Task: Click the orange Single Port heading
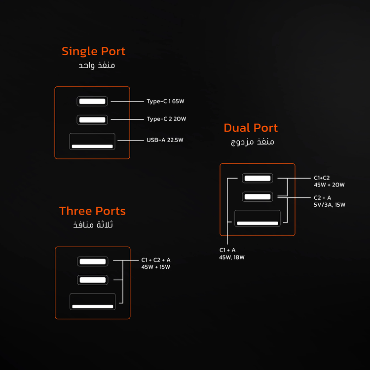click(x=93, y=51)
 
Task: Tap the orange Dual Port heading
click(x=251, y=128)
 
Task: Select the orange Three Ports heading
click(x=92, y=211)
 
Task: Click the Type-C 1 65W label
click(x=165, y=101)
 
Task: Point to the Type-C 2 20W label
click(x=166, y=119)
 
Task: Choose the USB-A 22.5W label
click(x=165, y=140)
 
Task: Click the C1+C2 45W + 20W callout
click(x=329, y=181)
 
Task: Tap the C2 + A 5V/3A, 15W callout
click(x=330, y=201)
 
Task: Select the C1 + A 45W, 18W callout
click(x=231, y=254)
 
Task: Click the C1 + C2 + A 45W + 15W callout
click(x=156, y=263)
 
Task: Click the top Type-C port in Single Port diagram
click(x=92, y=101)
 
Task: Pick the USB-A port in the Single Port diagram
click(x=92, y=142)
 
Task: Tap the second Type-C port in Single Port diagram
click(x=92, y=120)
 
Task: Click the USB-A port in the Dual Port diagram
click(x=258, y=218)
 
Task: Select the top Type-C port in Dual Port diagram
click(x=258, y=178)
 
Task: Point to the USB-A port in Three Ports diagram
click(x=93, y=301)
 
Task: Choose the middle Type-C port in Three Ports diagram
click(x=93, y=280)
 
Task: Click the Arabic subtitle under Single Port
click(x=97, y=65)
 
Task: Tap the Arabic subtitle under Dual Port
click(x=252, y=142)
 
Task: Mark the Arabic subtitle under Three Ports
click(x=93, y=224)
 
